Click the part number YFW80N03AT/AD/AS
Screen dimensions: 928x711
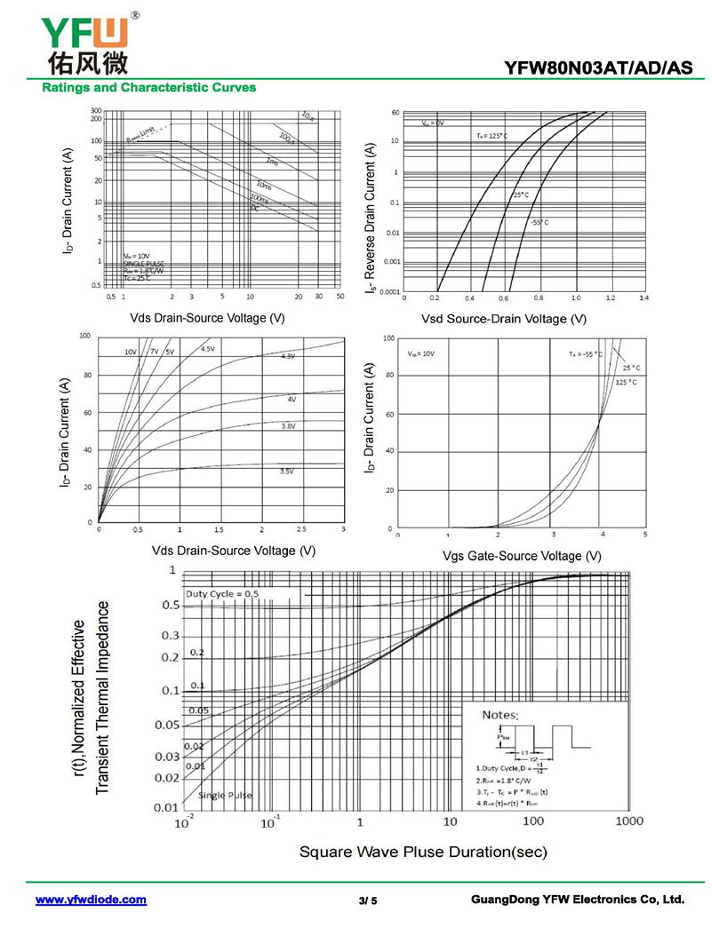click(x=597, y=67)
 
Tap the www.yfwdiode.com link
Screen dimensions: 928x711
click(x=91, y=900)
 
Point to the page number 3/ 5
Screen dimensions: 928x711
click(x=368, y=900)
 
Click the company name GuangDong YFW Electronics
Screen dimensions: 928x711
click(x=578, y=900)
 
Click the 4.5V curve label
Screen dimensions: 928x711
click(x=207, y=349)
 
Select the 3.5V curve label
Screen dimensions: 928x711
click(x=287, y=472)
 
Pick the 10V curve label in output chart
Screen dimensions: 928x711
click(x=131, y=353)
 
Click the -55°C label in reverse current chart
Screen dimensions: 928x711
click(x=540, y=222)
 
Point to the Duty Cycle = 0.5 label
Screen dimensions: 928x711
click(x=222, y=593)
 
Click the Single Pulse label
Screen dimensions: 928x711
click(x=226, y=795)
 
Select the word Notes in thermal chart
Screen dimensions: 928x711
click(x=500, y=714)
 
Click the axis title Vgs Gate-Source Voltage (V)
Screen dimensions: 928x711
click(x=522, y=556)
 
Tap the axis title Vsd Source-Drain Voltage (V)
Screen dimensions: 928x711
click(x=504, y=318)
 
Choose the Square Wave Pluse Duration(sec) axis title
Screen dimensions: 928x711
click(x=423, y=852)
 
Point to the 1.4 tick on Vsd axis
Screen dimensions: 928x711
click(x=643, y=298)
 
